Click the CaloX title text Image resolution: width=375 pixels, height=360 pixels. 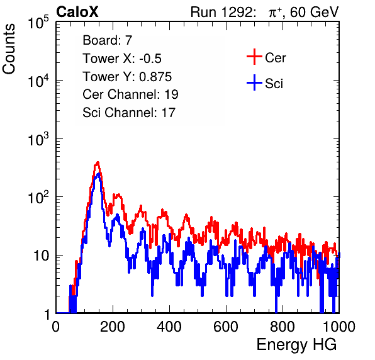tap(77, 12)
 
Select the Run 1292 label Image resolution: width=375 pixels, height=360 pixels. tap(221, 12)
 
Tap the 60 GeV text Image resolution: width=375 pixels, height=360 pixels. tap(314, 13)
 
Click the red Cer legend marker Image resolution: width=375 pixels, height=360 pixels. tap(254, 57)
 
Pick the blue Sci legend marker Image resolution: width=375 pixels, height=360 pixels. tap(254, 82)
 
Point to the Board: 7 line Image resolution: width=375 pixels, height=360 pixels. tap(108, 40)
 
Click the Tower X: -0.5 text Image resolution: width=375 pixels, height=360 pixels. tap(122, 59)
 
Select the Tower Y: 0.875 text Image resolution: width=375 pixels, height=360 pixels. tap(127, 77)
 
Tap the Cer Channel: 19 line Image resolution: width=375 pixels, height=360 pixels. tap(130, 94)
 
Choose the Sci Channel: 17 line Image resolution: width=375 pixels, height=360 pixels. tap(129, 113)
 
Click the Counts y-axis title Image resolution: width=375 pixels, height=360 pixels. tap(9, 49)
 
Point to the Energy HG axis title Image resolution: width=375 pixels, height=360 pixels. tap(296, 345)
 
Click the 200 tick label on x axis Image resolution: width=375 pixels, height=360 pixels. tap(113, 327)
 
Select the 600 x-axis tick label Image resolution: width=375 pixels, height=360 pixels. tap(226, 327)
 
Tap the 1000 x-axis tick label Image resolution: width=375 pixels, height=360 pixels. tap(339, 327)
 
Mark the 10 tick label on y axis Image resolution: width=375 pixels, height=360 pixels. tap(42, 256)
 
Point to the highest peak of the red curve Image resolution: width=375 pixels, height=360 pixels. tap(98, 162)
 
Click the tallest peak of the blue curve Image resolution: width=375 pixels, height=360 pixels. tap(98, 174)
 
